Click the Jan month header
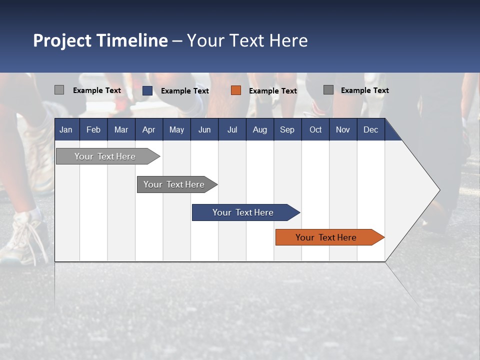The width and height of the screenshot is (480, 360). tap(66, 129)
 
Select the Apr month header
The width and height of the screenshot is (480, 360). tap(148, 129)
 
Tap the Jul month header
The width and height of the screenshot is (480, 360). tap(232, 129)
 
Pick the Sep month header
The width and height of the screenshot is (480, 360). tap(287, 129)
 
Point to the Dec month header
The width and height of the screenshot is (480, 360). tap(370, 129)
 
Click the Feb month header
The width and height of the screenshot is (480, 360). tap(93, 129)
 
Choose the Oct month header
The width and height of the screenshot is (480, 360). tap(315, 129)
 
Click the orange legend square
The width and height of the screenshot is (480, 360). tap(236, 90)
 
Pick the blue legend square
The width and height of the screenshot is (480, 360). tap(147, 90)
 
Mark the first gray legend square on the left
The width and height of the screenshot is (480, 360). tap(59, 90)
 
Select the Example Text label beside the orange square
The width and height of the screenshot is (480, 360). tap(273, 91)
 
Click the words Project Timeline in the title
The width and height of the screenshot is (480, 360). tap(100, 40)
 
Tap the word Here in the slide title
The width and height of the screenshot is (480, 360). tap(288, 40)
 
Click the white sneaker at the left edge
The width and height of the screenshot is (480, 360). tap(22, 240)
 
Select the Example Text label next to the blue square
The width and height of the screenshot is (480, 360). tap(185, 91)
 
